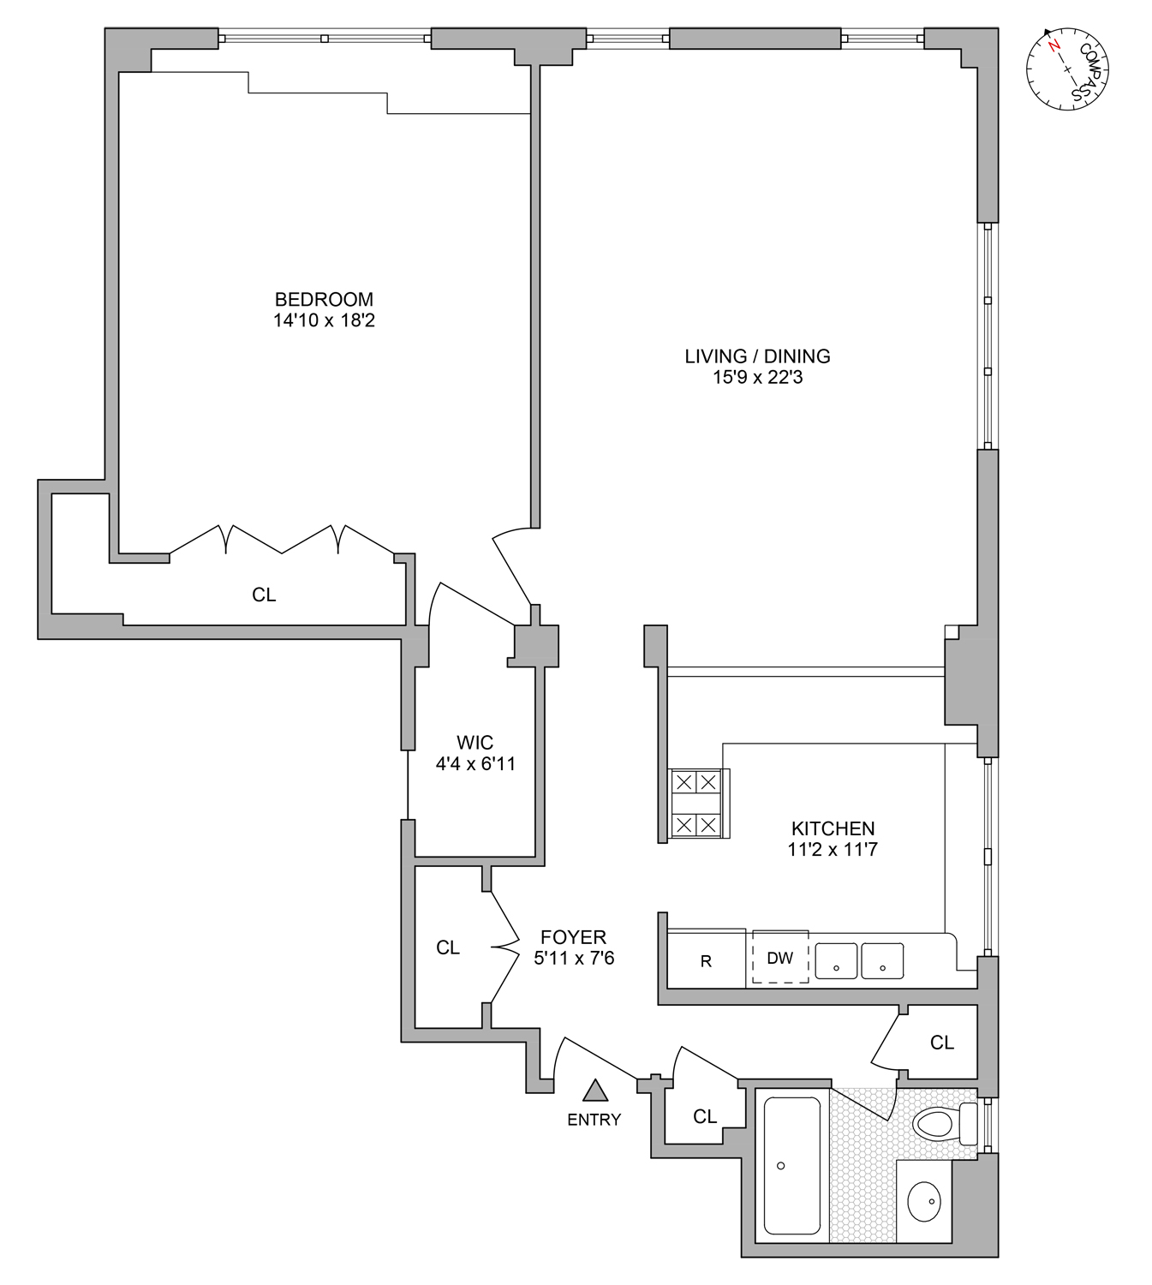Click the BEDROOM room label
324,300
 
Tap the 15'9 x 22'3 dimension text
757,378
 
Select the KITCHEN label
833,828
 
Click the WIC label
475,743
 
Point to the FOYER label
573,937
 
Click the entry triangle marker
595,1091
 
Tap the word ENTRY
594,1120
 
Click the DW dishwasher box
779,958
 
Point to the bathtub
791,1165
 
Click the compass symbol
1066,69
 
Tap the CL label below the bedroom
264,595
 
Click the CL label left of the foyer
448,947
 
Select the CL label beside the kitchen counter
942,1043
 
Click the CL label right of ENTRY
705,1116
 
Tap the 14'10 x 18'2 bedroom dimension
324,321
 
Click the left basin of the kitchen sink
836,960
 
